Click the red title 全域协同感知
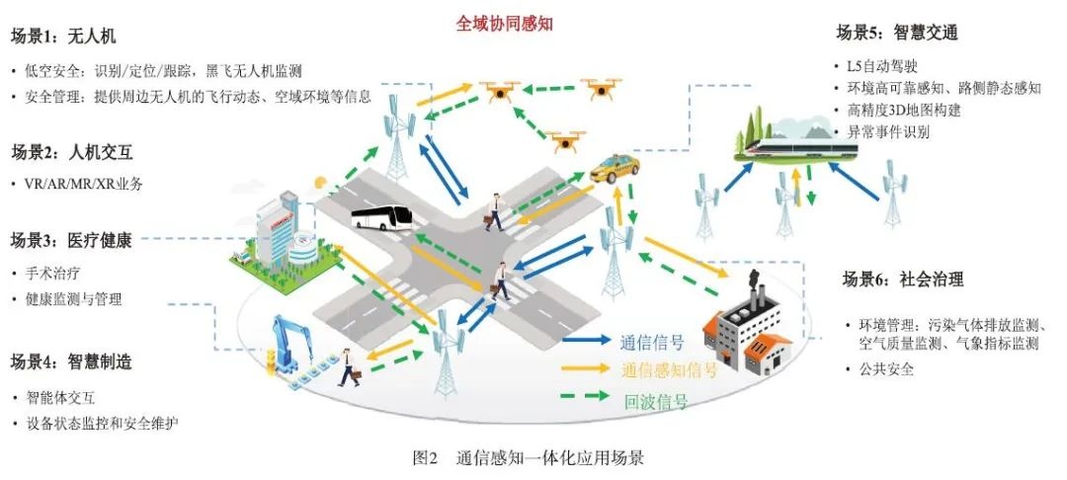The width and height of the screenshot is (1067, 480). click(x=504, y=25)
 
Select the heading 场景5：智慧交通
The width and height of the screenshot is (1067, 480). click(x=897, y=32)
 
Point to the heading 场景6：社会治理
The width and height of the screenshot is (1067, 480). click(x=903, y=280)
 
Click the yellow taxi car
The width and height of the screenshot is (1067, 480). click(x=614, y=169)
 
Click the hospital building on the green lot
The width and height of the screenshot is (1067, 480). click(x=282, y=234)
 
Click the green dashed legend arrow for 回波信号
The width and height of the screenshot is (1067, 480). click(x=585, y=395)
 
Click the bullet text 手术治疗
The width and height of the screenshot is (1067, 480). click(x=53, y=274)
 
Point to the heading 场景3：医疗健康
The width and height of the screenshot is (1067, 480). click(x=71, y=241)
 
